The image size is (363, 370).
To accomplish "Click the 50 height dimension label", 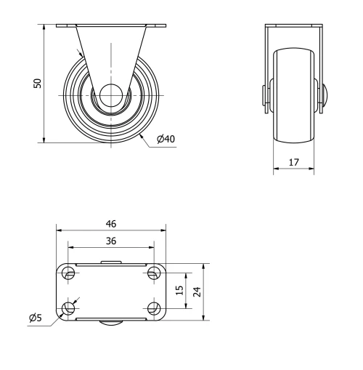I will click(38, 83).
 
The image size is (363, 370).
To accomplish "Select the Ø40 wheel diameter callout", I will click(166, 139).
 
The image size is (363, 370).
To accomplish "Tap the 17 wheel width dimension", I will click(293, 164).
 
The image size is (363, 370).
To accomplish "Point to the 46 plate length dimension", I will click(110, 224).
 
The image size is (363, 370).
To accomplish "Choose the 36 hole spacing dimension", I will click(110, 240).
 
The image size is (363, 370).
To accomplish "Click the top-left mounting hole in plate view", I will click(69, 273).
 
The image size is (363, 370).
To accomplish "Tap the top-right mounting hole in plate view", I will click(152, 273).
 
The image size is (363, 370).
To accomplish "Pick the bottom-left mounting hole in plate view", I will click(69, 308).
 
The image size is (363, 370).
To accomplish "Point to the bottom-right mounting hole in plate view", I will click(152, 308).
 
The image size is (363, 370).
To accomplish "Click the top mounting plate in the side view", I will click(110, 27).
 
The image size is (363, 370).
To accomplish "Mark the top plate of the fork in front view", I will click(293, 27).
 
